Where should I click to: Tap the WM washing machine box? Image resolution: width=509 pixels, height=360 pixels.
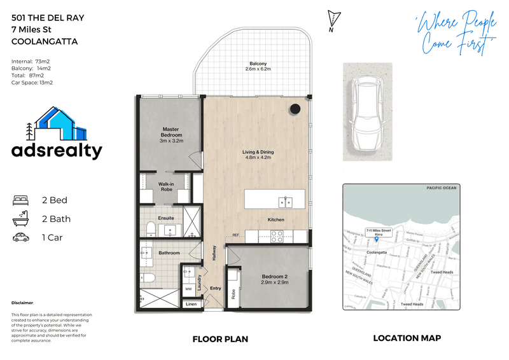[188, 289]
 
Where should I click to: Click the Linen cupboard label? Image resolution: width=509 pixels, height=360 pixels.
[192, 304]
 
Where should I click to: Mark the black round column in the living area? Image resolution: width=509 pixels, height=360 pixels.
[295, 109]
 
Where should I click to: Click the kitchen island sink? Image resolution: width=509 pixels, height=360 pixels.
[286, 202]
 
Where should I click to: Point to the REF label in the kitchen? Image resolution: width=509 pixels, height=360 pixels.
[235, 235]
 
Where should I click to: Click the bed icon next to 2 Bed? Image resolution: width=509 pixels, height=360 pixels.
[21, 200]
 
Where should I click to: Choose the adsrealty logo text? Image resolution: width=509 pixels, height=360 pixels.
[57, 151]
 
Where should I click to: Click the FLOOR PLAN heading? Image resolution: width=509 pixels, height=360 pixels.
[220, 339]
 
